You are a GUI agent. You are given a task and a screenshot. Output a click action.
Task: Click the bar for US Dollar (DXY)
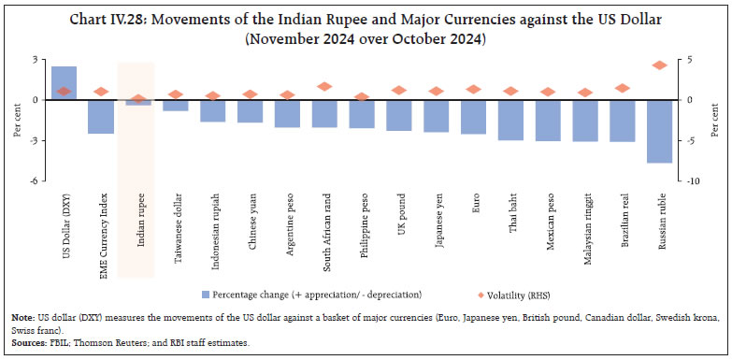click(64, 83)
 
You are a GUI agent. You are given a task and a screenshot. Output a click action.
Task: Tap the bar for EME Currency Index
click(101, 116)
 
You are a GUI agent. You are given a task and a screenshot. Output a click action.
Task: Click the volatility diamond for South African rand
click(325, 86)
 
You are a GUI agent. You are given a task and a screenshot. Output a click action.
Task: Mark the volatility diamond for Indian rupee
click(138, 98)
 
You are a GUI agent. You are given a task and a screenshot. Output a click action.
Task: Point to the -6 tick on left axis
click(34, 181)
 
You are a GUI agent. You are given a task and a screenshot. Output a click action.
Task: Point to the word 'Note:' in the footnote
click(23, 318)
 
